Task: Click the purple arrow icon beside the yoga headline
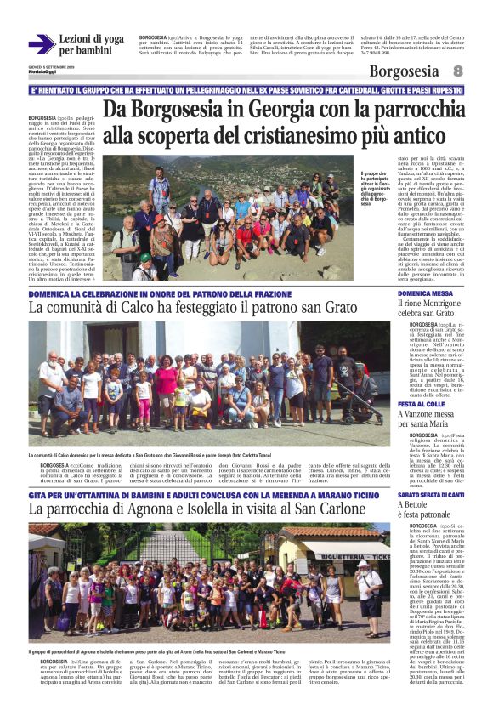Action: [x=41, y=44]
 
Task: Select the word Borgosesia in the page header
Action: [x=405, y=72]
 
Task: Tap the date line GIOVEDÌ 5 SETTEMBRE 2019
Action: [x=50, y=65]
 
